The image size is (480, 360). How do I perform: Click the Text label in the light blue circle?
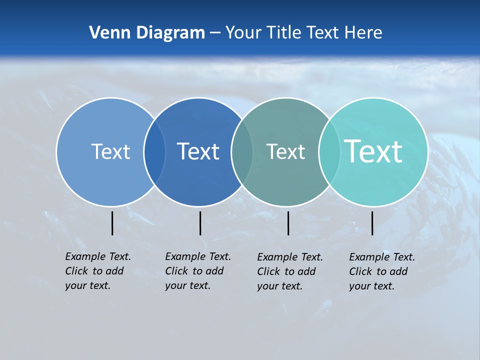110,151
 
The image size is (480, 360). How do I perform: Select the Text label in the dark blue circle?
198,151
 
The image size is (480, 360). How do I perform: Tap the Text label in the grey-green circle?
285,151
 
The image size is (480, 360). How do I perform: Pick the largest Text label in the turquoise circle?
373,151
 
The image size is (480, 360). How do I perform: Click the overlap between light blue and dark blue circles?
154,151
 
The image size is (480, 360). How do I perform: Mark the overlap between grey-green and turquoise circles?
329,151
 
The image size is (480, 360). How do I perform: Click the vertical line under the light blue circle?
112,223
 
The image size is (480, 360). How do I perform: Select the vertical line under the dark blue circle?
200,223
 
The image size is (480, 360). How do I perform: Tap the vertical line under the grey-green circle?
288,223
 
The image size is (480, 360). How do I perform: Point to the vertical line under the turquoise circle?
372,223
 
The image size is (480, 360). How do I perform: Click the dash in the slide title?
215,33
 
